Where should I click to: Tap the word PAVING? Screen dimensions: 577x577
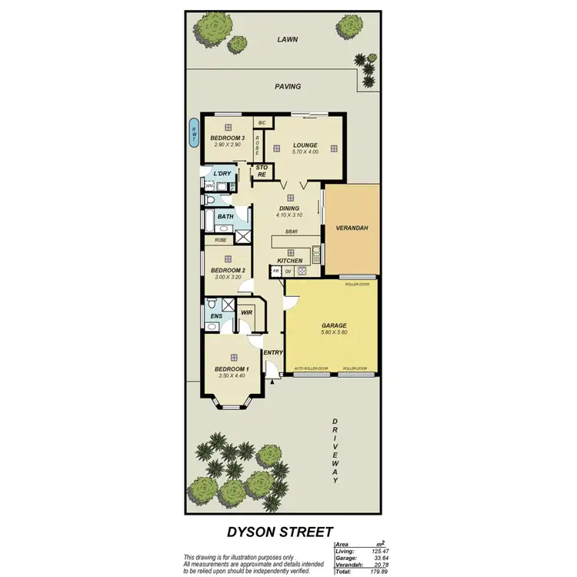pyautogui.click(x=288, y=86)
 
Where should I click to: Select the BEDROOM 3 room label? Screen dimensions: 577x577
pyautogui.click(x=227, y=138)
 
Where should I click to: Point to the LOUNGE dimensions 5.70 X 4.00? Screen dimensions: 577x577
pyautogui.click(x=305, y=152)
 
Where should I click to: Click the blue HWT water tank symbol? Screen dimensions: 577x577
pyautogui.click(x=194, y=133)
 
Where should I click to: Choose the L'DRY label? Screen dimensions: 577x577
pyautogui.click(x=222, y=173)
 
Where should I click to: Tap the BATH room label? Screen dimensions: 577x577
pyautogui.click(x=225, y=217)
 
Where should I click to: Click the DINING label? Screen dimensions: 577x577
pyautogui.click(x=289, y=208)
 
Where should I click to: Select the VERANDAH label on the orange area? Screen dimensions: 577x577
pyautogui.click(x=352, y=228)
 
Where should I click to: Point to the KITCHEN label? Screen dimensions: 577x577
pyautogui.click(x=290, y=261)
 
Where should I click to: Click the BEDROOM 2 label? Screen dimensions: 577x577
pyautogui.click(x=228, y=270)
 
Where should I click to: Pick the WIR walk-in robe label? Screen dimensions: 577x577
pyautogui.click(x=246, y=312)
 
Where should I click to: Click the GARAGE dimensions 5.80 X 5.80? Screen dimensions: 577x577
pyautogui.click(x=334, y=332)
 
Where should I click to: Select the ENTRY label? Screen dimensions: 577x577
pyautogui.click(x=273, y=352)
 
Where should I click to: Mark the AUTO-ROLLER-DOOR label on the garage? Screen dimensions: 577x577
pyautogui.click(x=312, y=369)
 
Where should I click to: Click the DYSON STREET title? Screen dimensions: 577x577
pyautogui.click(x=280, y=532)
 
